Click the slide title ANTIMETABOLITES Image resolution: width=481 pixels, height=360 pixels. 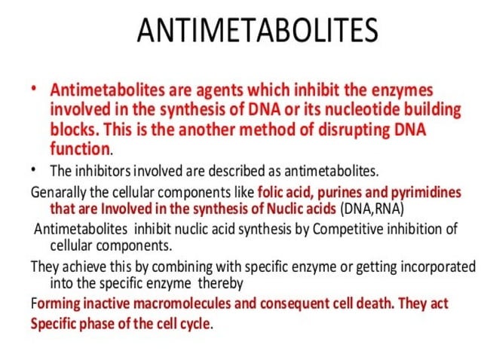(x=257, y=32)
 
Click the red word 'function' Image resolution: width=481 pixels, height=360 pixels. (x=80, y=148)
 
